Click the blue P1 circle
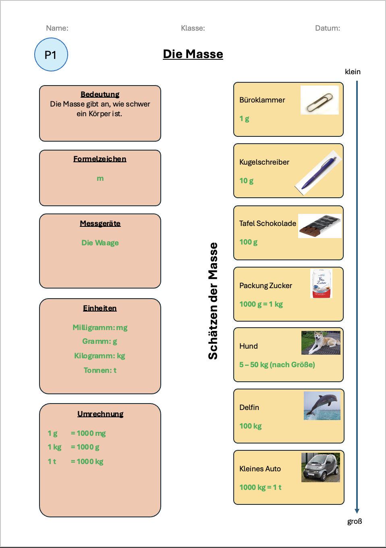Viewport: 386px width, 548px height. pos(51,54)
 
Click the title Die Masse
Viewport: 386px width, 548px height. pos(193,54)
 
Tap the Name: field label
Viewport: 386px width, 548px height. pos(57,28)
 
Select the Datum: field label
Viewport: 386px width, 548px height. pos(328,28)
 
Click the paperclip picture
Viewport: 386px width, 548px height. pos(320,100)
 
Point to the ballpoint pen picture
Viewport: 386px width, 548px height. pos(318,173)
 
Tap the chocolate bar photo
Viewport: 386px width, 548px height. pos(320,226)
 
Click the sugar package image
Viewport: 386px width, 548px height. pos(321,284)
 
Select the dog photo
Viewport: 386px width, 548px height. pos(321,343)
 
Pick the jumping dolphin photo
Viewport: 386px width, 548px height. pos(322,406)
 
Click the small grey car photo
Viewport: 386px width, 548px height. pos(321,467)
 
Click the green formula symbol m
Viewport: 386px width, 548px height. pos(100,178)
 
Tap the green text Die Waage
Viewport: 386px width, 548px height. pos(100,243)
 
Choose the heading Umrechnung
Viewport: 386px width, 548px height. pos(100,414)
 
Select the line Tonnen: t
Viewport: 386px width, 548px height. pos(100,370)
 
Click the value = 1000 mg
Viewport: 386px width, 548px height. pos(88,433)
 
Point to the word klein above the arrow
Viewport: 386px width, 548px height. pos(353,72)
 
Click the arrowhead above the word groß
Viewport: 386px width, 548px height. pos(357,511)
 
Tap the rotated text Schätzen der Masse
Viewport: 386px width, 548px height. pos(213,301)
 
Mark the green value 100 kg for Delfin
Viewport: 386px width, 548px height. pos(251,426)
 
